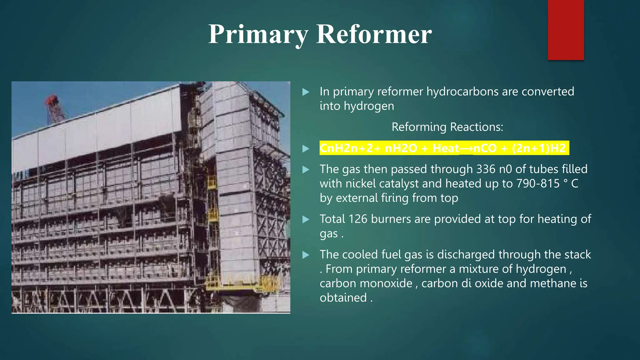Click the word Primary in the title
tap(258, 34)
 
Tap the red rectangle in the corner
tap(566, 30)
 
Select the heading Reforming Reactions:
tap(447, 127)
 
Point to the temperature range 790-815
tap(538, 183)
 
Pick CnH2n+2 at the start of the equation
tap(347, 148)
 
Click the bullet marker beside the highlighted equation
tap(306, 149)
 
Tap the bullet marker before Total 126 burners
tap(306, 220)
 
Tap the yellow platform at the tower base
tap(241, 285)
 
